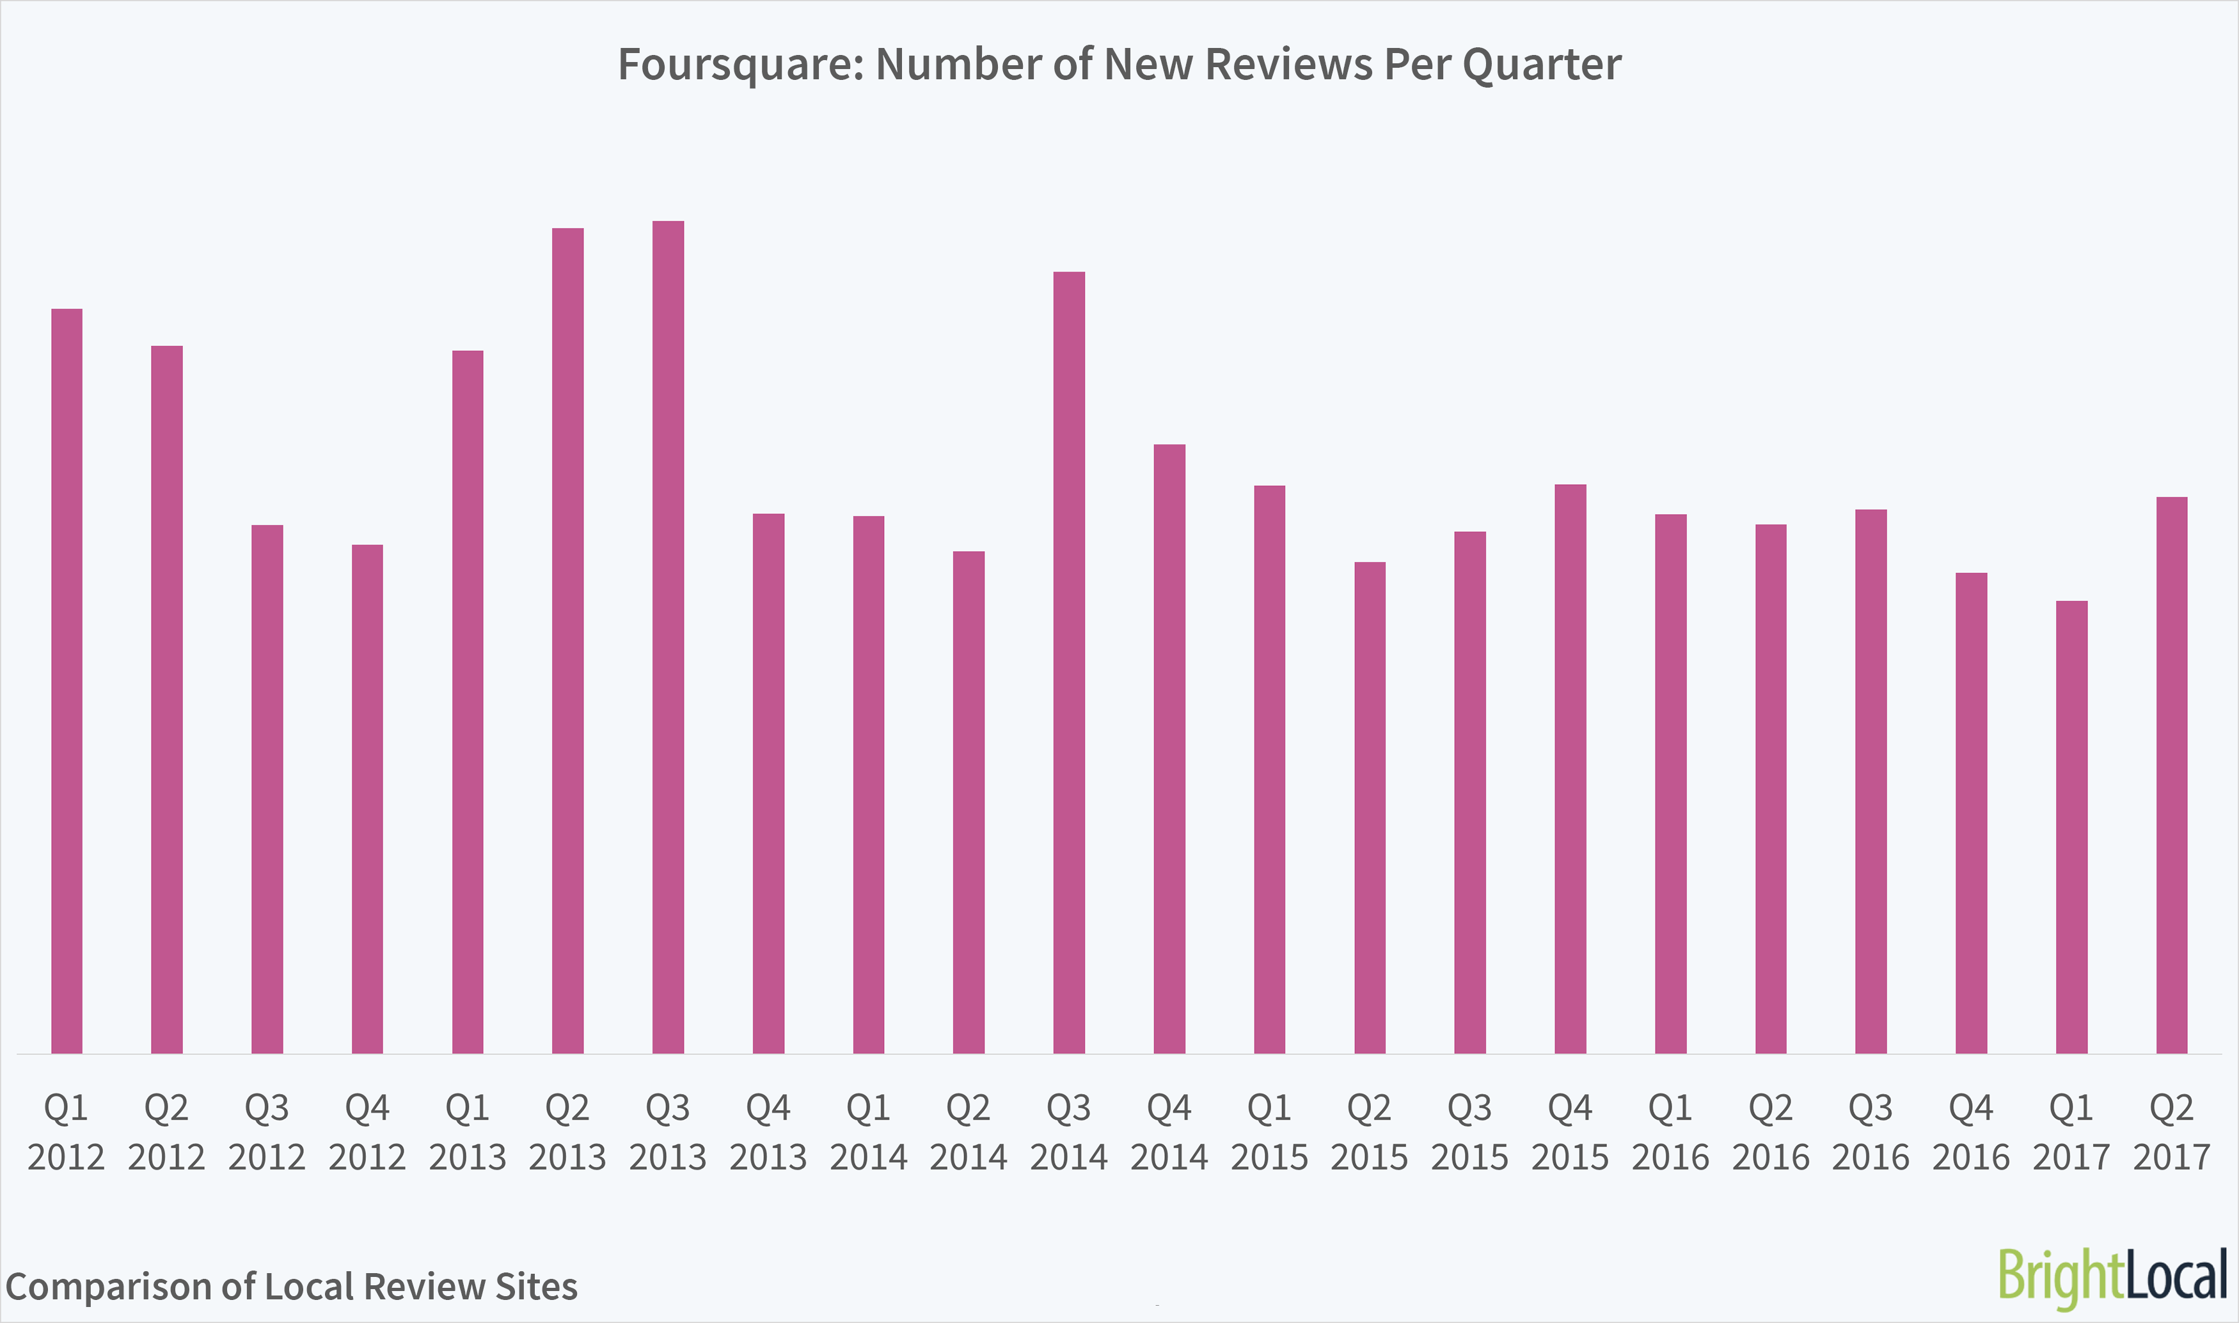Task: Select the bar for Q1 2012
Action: tap(67, 681)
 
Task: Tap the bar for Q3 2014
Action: tap(1069, 662)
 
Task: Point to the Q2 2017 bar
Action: tap(2171, 775)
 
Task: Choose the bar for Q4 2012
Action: tap(367, 799)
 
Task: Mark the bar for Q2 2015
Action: tap(1370, 807)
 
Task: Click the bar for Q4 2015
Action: tap(1570, 769)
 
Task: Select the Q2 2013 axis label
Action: tap(567, 1132)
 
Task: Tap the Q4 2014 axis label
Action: tap(1169, 1132)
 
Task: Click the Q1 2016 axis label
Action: tap(1670, 1132)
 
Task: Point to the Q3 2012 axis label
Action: tap(267, 1132)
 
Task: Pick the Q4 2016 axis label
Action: tap(1970, 1132)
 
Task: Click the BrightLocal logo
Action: tap(2112, 1278)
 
